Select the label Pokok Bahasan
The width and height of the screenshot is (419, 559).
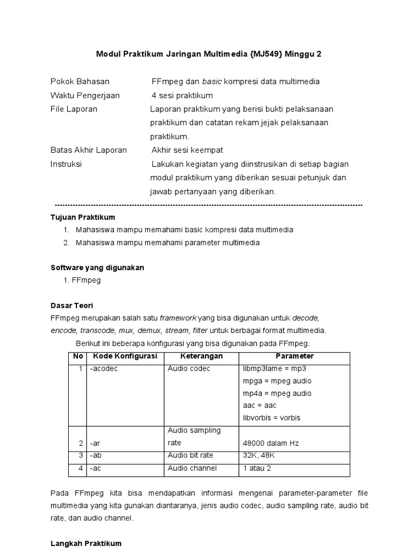[x=80, y=81]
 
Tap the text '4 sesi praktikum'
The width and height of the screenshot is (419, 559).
[x=182, y=96]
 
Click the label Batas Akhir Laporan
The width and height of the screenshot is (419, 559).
[x=88, y=150]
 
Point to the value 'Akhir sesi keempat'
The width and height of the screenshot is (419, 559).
[x=187, y=150]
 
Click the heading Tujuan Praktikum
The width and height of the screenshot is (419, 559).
[x=82, y=217]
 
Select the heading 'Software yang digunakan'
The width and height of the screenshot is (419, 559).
[x=97, y=267]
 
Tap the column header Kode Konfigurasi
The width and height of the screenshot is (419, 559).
[x=125, y=356]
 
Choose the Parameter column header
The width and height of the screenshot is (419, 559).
[x=295, y=356]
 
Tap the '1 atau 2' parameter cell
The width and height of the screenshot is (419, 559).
[x=258, y=468]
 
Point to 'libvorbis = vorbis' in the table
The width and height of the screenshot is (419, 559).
[x=272, y=418]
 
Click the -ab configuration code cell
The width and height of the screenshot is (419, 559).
[x=97, y=455]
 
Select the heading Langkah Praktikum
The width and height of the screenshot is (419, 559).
[x=86, y=544]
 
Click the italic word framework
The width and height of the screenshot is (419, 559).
[x=177, y=318]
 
